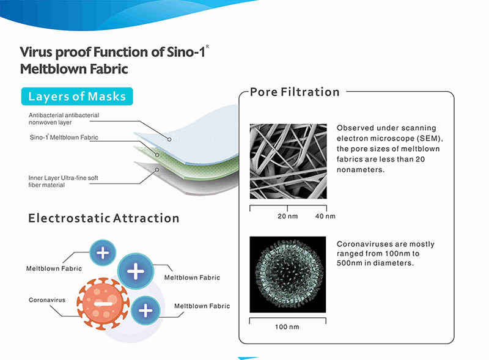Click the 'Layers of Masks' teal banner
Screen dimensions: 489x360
coord(77,97)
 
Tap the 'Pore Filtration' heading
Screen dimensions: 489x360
coord(295,92)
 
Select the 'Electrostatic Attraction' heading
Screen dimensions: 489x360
coord(103,218)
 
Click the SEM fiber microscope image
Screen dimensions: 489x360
coord(288,161)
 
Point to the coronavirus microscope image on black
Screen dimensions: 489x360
coord(287,274)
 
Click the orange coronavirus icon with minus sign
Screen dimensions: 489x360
coord(103,303)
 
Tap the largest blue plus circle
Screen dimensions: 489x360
coord(135,271)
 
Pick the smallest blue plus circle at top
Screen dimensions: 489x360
coord(103,252)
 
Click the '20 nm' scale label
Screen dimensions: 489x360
coord(287,216)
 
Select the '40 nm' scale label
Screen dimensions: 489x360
coord(325,216)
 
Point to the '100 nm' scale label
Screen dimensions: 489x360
coord(287,327)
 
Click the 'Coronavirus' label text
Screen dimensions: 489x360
coord(47,299)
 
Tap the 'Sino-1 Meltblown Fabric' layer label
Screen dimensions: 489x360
coord(64,138)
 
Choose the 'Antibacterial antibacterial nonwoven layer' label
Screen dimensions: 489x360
coord(64,119)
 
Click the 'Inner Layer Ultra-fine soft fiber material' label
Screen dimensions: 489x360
coord(63,182)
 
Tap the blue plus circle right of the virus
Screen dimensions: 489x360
coord(145,310)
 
